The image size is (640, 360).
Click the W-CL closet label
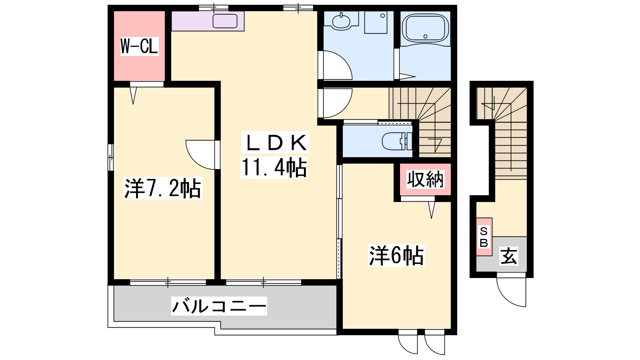[139, 46]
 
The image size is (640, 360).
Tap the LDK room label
[275, 142]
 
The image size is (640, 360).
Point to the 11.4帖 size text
[274, 168]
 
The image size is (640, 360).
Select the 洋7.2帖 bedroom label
[162, 188]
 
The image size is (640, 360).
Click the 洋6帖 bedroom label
[396, 256]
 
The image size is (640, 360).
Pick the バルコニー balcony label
[219, 306]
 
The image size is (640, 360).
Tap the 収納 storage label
[425, 179]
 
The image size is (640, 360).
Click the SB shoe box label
[484, 237]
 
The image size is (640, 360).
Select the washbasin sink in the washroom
[342, 21]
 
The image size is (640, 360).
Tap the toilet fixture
[397, 141]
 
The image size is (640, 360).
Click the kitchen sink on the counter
[225, 21]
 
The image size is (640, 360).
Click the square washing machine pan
[376, 22]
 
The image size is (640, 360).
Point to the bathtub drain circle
[426, 36]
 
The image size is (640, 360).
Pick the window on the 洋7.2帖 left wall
[111, 158]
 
